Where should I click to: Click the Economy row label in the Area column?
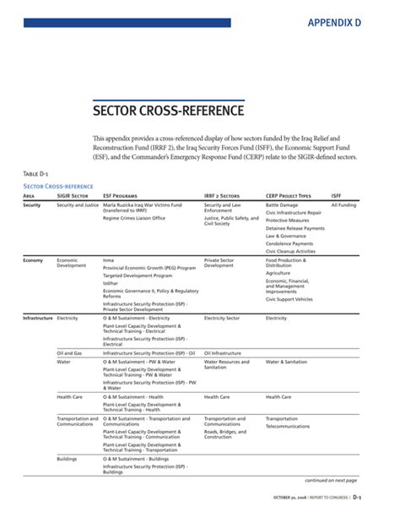coord(33,260)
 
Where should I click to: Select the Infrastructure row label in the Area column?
coord(38,318)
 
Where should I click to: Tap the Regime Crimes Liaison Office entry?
coord(133,218)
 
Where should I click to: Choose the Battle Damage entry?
coord(281,204)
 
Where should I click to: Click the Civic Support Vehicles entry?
coord(289,299)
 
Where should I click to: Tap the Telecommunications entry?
coord(289,426)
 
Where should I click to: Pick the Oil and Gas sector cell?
coord(69,352)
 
